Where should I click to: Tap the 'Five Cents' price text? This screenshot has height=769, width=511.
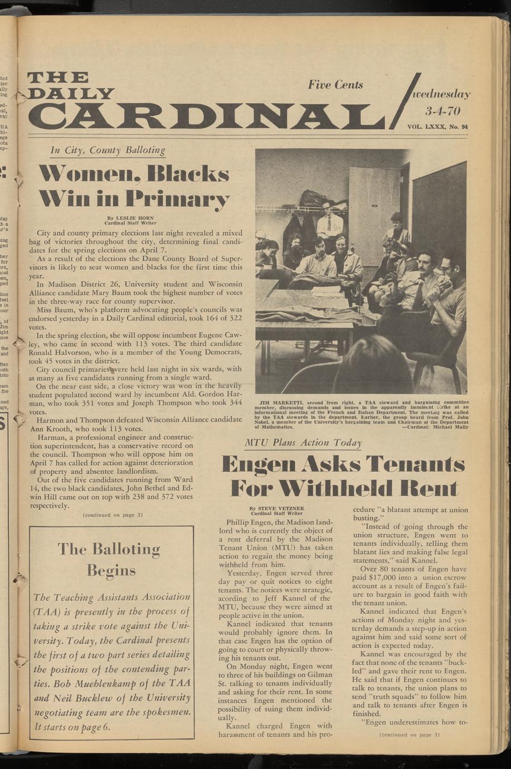point(335,85)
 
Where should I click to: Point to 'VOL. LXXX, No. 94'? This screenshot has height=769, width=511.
point(437,127)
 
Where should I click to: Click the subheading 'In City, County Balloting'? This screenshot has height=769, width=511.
point(108,150)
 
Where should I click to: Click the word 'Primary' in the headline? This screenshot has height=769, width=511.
point(178,198)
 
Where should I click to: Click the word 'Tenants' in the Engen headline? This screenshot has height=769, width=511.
point(416,464)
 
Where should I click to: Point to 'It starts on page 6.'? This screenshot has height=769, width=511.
point(72,727)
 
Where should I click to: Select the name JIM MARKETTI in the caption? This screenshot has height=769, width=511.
point(281,402)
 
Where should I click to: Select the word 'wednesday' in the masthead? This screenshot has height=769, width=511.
point(441,94)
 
